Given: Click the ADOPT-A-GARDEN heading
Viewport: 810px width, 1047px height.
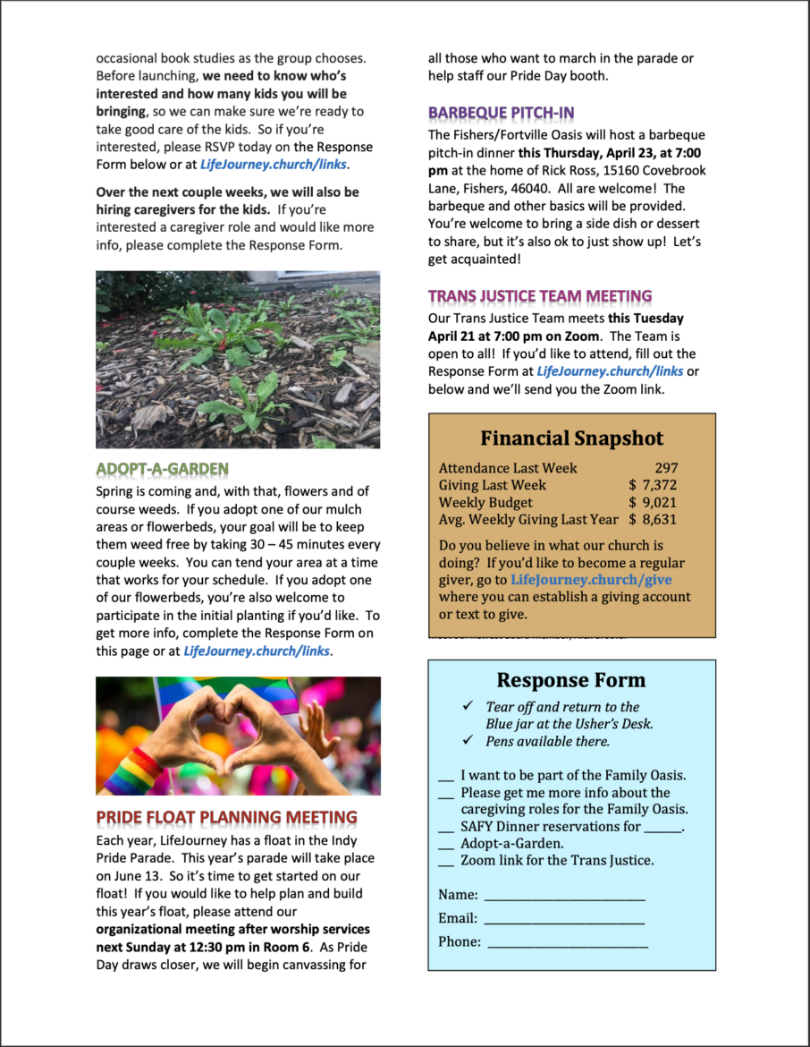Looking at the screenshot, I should point(162,468).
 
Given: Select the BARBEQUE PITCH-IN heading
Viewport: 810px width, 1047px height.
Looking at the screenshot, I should point(501,113).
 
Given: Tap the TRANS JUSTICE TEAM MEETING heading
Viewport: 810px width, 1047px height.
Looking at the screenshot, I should point(540,296).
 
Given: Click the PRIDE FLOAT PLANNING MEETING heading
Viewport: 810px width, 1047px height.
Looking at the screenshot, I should point(226,817).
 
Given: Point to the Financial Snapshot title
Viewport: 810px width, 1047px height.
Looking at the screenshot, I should point(571,438).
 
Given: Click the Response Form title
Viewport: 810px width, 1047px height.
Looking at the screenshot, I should point(570,680).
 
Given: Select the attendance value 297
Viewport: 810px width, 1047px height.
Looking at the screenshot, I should point(666,468).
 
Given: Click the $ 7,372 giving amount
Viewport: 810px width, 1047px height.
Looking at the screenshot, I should point(653,485).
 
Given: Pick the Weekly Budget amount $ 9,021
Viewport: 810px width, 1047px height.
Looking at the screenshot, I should point(653,502).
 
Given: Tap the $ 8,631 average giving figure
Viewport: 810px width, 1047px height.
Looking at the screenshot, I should point(653,519).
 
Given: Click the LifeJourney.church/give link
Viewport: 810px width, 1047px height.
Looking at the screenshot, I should point(591,580).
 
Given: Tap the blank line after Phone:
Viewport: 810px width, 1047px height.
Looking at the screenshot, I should point(567,942).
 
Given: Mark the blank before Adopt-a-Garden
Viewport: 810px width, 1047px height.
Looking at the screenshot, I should point(446,844).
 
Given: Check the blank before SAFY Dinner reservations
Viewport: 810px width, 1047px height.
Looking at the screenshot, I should point(446,827).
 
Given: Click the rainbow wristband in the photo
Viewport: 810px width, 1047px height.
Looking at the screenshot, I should point(132,770).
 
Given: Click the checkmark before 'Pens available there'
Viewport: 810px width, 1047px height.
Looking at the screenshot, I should point(467,741).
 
